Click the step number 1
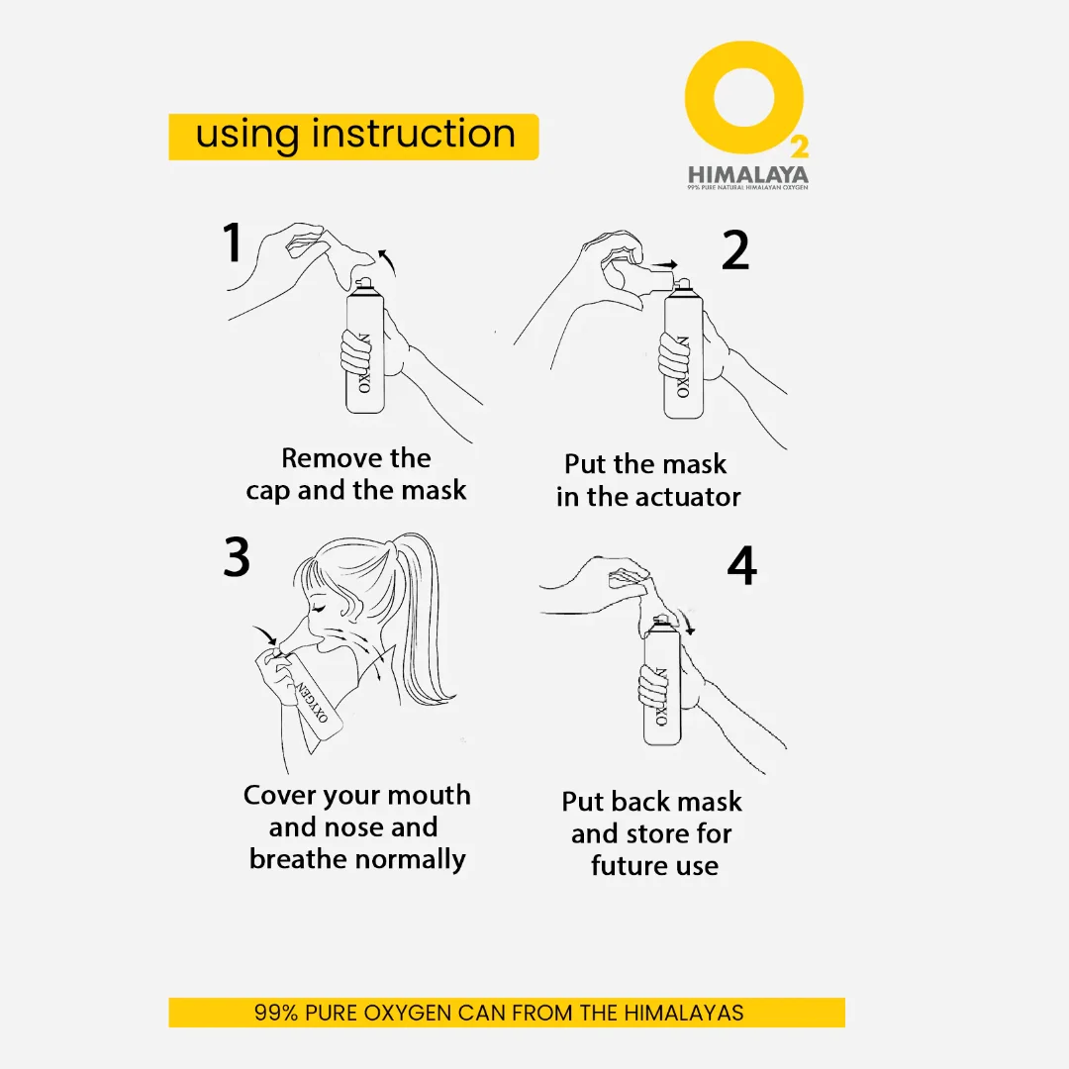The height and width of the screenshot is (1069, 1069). (234, 243)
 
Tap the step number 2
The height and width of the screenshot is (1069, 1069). (735, 250)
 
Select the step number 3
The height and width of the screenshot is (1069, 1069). (237, 557)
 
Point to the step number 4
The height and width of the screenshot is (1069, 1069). (742, 565)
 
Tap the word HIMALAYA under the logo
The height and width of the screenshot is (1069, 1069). (748, 174)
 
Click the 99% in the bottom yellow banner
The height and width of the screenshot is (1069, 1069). (276, 1013)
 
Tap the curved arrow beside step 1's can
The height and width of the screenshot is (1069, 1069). (387, 261)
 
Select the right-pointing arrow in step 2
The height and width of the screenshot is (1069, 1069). (665, 264)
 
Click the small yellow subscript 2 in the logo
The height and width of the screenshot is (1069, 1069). (800, 146)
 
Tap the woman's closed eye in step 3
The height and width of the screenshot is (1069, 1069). (318, 607)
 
